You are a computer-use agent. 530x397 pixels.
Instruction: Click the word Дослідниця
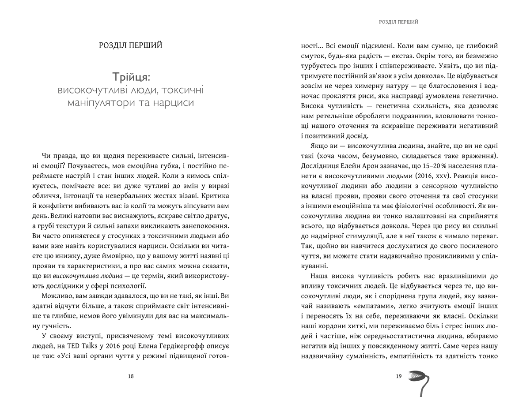(x=321, y=166)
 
